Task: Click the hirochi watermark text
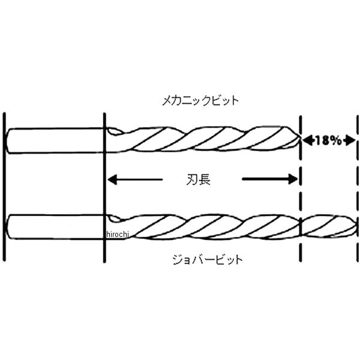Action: (x=118, y=233)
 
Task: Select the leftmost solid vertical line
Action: (x=4, y=186)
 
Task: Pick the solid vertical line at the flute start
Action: (x=105, y=186)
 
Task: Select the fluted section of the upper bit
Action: (x=204, y=140)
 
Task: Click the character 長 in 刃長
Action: (x=205, y=178)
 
